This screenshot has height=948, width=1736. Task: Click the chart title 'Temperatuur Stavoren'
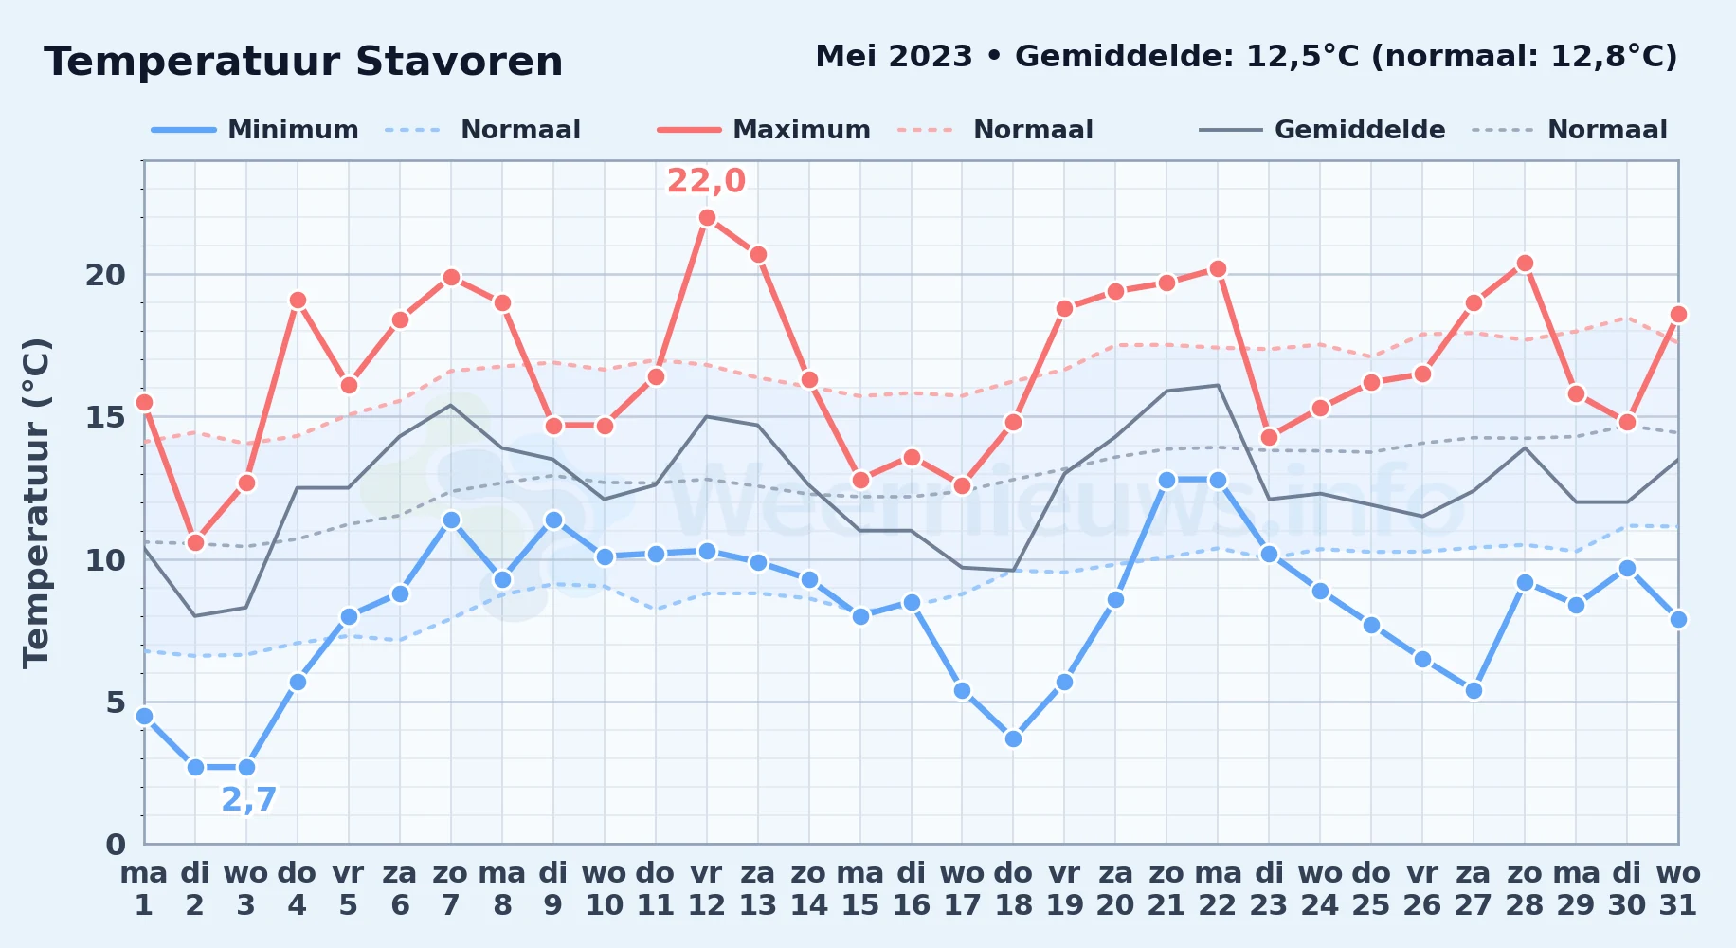(x=303, y=62)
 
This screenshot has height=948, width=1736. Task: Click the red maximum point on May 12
(x=707, y=217)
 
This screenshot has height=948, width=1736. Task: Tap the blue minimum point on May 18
(x=1013, y=738)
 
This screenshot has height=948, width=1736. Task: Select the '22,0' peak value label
(x=706, y=180)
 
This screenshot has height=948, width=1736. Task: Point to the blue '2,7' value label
(x=248, y=799)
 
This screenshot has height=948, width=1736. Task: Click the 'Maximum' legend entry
(x=764, y=130)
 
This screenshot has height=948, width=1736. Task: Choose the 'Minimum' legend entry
(x=255, y=130)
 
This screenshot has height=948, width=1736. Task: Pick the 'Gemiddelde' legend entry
(x=1322, y=130)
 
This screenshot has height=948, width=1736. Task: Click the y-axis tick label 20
(x=105, y=275)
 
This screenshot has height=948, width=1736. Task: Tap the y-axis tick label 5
(x=116, y=702)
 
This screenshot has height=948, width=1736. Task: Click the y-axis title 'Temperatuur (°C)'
(x=36, y=503)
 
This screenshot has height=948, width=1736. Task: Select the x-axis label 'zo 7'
(x=451, y=889)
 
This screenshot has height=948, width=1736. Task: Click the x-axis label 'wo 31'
(x=1678, y=889)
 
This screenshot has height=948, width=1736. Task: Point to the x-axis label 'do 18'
(x=1013, y=889)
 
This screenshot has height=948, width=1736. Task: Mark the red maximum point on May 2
(x=195, y=542)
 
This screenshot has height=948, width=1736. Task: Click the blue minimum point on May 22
(x=1218, y=480)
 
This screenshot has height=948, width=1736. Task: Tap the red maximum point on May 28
(x=1525, y=264)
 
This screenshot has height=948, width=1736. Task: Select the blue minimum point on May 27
(x=1474, y=690)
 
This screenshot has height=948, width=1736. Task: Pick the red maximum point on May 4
(x=298, y=301)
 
